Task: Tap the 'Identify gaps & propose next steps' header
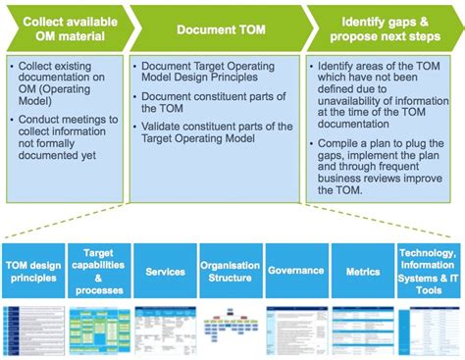(x=383, y=29)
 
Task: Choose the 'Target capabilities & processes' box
(x=98, y=271)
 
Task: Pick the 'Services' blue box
(x=165, y=271)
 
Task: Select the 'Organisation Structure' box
(x=231, y=271)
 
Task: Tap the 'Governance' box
(x=296, y=271)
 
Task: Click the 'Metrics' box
(x=362, y=271)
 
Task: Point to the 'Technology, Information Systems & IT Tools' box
(x=429, y=271)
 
